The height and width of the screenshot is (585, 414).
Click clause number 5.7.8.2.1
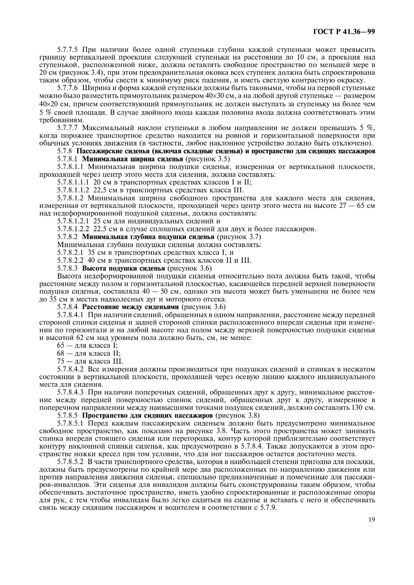pyautogui.click(x=70, y=253)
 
